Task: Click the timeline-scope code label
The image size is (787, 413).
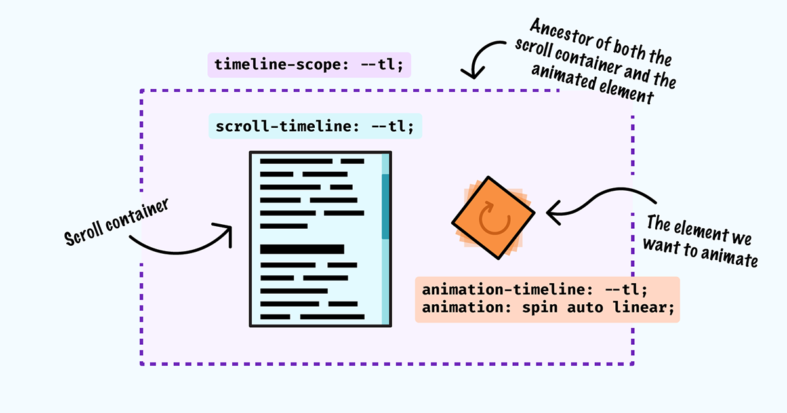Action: point(309,66)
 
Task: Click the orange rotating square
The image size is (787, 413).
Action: point(493,218)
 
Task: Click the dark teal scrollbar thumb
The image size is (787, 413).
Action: point(386,206)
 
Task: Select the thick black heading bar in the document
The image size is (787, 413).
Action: point(302,249)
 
